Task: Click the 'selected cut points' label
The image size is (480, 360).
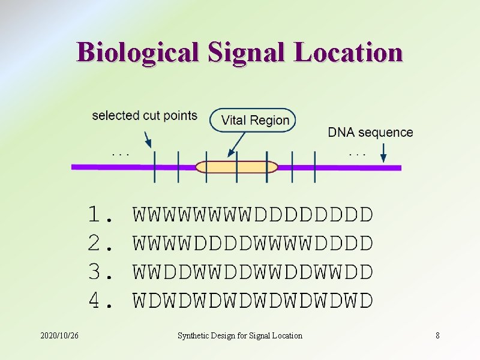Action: click(145, 115)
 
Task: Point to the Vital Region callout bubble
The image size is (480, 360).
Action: click(253, 120)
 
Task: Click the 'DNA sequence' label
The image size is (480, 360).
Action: click(370, 133)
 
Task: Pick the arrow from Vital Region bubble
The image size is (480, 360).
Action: click(236, 145)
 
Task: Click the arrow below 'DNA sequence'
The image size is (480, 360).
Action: click(381, 155)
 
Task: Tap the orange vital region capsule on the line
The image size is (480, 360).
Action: click(237, 167)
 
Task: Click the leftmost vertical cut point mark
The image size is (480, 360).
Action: click(155, 167)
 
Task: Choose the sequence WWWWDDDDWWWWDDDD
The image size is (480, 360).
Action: click(253, 243)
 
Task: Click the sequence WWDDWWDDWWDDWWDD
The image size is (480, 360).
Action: click(253, 272)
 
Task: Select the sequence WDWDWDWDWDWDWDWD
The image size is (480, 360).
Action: click(253, 300)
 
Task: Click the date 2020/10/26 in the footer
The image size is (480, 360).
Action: click(59, 335)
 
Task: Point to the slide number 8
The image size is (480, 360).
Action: click(437, 335)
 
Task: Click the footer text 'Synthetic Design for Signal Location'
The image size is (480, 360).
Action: click(240, 335)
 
